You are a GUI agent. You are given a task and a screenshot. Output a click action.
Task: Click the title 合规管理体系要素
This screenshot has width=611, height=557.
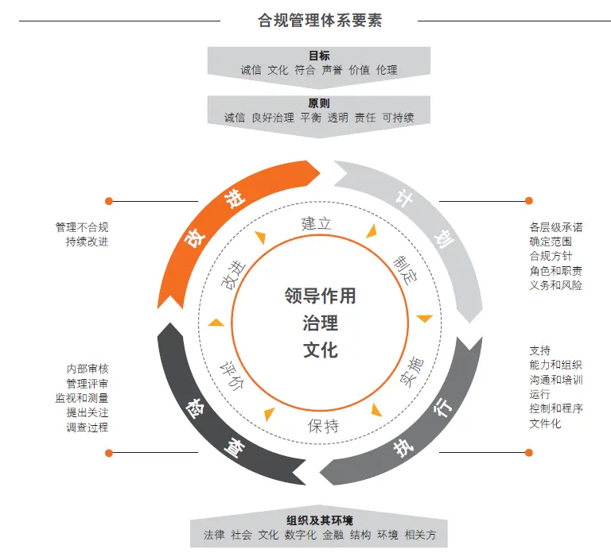pos(320,20)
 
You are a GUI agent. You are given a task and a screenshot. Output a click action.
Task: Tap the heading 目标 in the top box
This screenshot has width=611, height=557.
pos(319,56)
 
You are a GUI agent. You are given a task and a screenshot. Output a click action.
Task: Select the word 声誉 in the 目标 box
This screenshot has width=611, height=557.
pos(332,70)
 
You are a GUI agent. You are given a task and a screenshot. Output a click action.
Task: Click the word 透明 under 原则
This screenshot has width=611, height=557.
pos(337,118)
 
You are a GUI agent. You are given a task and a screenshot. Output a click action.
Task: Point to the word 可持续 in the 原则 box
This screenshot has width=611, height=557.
pos(398,118)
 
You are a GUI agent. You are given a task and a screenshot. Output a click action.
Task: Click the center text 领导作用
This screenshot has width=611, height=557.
pos(320,296)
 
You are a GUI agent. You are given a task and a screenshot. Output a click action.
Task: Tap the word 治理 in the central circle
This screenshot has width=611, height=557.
pos(321,323)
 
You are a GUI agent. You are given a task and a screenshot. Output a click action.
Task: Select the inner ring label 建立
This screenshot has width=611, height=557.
pos(316,223)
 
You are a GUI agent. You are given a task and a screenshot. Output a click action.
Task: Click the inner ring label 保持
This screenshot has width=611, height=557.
pos(323,426)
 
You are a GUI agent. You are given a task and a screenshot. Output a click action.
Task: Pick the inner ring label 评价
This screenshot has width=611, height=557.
pos(232,376)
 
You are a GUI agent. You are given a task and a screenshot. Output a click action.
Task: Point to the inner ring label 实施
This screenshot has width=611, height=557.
pos(412,372)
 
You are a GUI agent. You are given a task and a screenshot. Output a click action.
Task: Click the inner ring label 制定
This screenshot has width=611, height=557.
pos(405,270)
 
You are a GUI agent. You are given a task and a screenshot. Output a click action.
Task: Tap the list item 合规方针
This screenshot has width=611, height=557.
pos(551,256)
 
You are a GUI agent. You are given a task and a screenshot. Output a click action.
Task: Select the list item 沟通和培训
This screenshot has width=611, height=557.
pos(556,380)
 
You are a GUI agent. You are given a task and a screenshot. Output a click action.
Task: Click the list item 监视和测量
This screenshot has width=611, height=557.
pos(82,398)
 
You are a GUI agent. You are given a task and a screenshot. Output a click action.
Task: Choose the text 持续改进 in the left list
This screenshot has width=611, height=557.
pos(87,242)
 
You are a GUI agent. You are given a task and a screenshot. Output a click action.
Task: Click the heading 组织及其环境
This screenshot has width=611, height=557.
pos(320,520)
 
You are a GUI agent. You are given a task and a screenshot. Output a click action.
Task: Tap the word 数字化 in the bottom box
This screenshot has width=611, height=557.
pos(301,535)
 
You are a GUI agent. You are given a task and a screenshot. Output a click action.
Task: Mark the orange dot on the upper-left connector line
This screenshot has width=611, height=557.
pos(109,201)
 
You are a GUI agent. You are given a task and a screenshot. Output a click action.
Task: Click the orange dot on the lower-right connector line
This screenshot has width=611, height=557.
pos(529,452)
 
